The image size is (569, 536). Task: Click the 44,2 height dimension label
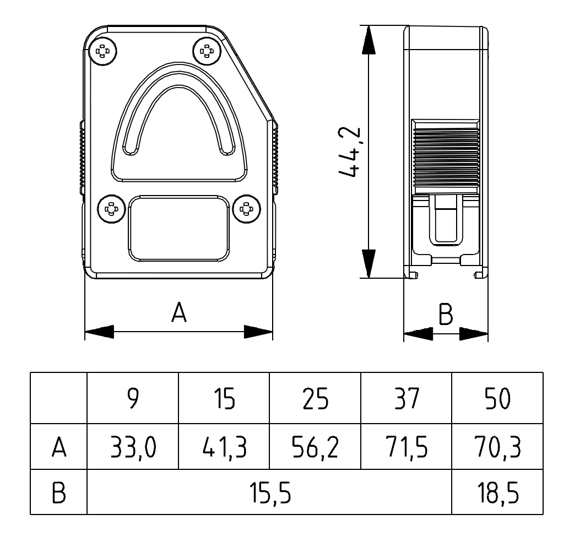coord(350,152)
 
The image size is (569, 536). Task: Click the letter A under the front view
coord(179,312)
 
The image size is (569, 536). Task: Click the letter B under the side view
coord(446,315)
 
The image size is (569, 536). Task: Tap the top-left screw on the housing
coord(103,52)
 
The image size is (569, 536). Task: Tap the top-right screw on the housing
coord(207,52)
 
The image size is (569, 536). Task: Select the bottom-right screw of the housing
coord(246,209)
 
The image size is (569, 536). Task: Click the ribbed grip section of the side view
coord(446,157)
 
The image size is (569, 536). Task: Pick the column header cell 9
coord(132,398)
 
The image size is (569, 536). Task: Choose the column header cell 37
coord(407,398)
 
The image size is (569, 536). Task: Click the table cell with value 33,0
coord(132,447)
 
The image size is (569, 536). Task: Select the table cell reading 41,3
coord(224,447)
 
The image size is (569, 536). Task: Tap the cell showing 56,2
coord(315,447)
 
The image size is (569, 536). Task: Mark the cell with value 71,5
coord(407,447)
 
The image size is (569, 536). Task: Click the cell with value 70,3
coord(497,447)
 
